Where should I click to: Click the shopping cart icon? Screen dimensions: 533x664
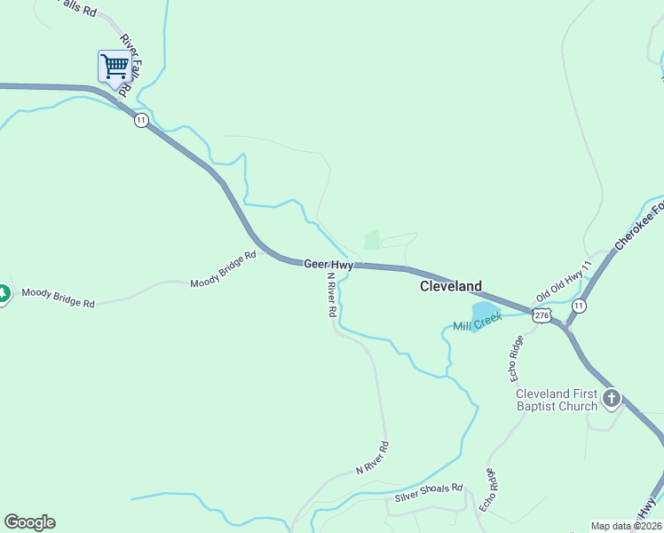(114, 66)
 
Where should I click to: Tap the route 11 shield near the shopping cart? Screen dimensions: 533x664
(141, 120)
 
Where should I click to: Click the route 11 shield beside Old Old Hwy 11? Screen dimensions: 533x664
(579, 306)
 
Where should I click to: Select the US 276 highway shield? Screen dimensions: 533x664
(541, 315)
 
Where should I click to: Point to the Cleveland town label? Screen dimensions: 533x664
(451, 286)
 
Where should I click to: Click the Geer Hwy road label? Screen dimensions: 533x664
(328, 264)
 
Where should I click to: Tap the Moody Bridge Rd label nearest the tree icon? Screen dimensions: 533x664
(58, 298)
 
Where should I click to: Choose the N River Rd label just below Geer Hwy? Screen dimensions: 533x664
(330, 295)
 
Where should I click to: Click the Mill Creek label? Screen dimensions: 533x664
(478, 321)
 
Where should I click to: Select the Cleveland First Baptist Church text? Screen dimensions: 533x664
(557, 400)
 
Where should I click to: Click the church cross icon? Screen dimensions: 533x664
(612, 399)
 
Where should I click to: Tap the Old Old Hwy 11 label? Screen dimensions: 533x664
(564, 283)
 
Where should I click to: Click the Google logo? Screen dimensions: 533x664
(29, 522)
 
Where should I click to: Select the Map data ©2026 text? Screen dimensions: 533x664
(626, 526)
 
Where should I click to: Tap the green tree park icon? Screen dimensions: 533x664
(3, 292)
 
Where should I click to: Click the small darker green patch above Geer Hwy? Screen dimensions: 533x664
(372, 240)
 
